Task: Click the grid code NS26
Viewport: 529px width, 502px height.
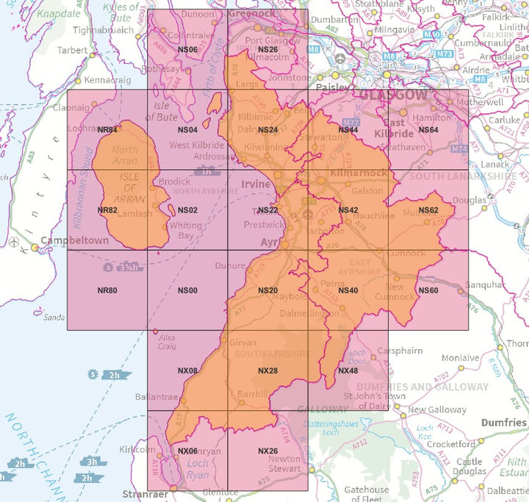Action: point(267,49)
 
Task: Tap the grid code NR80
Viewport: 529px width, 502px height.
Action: point(107,290)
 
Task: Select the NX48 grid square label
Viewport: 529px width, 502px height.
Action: point(348,370)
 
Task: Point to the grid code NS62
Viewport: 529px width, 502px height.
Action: point(428,210)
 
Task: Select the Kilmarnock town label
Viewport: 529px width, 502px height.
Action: point(359,173)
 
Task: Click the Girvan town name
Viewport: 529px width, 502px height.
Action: point(243,343)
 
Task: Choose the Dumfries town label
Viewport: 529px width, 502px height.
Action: point(503,423)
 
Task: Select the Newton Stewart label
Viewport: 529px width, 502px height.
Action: point(284,464)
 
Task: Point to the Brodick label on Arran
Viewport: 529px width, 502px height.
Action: point(175,182)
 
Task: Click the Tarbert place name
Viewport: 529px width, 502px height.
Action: point(73,51)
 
